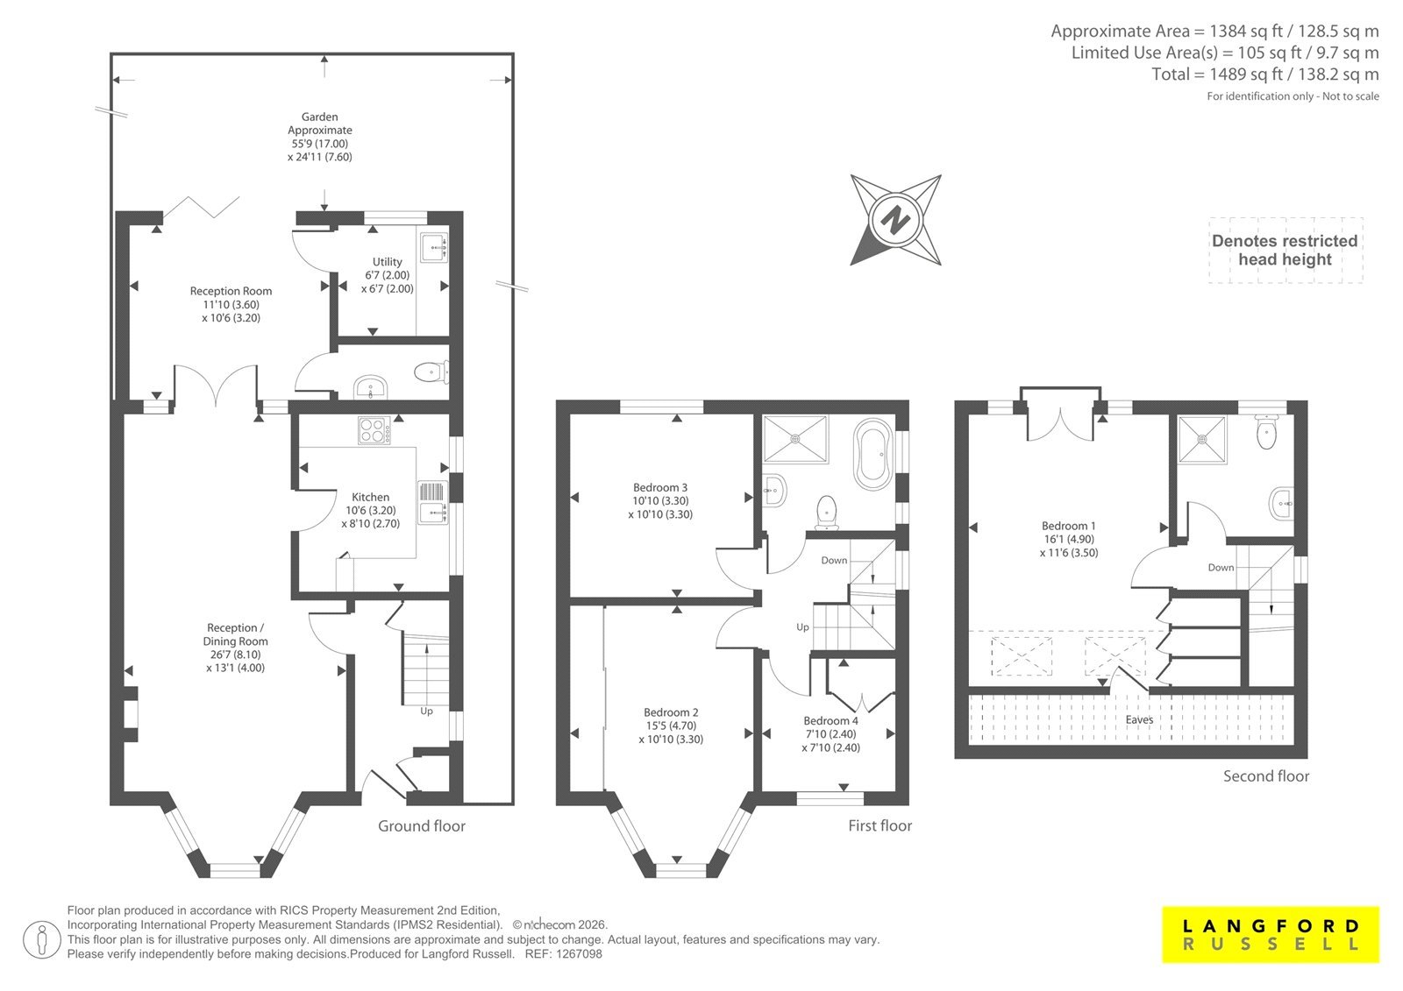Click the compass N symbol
pos(895,220)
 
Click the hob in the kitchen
pos(374,430)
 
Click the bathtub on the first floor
pos(873,458)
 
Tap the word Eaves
pos(1139,719)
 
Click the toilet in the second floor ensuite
pos(1266,433)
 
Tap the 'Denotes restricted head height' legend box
pos(1285,250)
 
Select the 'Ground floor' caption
pos(422,825)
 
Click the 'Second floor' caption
pos(1266,776)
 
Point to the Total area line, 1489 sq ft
pos(1265,74)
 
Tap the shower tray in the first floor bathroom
pos(795,439)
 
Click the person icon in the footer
pos(41,939)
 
